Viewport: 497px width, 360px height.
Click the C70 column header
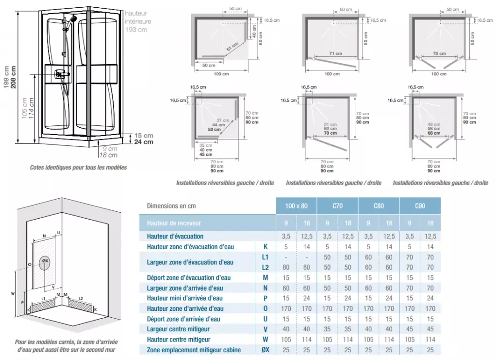pos(337,206)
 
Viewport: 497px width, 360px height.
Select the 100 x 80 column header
pos(296,206)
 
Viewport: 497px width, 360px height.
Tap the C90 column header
pos(420,206)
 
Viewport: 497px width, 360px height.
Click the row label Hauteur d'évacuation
pos(175,236)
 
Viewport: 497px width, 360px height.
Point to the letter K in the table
pos(265,247)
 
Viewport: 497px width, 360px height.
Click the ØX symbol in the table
pos(265,350)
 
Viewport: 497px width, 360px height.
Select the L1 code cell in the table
pos(265,257)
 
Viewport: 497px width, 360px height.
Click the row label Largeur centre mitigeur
pos(179,329)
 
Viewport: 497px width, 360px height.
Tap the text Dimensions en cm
pos(171,206)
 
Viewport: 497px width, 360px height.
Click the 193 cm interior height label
pos(136,30)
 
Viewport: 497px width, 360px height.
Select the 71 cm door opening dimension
pos(335,53)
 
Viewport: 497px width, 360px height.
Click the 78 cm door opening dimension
pos(439,53)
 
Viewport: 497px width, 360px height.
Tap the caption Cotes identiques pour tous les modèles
pos(78,168)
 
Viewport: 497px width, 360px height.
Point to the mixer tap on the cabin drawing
pos(61,74)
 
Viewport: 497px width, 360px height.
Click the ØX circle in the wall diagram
pos(45,261)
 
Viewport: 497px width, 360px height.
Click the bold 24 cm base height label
pos(144,142)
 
